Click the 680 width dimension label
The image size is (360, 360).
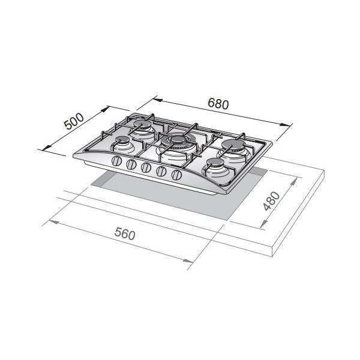(218, 104)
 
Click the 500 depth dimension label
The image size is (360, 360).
(74, 121)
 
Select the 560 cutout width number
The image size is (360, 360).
(125, 233)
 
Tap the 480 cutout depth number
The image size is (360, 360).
(272, 201)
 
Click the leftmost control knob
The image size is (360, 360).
(116, 161)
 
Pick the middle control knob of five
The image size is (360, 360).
(146, 167)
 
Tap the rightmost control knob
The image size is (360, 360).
(176, 175)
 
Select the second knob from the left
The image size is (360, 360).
(131, 164)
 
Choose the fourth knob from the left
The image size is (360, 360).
(161, 171)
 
